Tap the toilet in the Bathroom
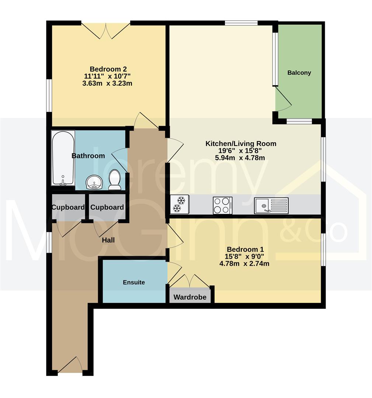click(115, 179)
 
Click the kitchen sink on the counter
click(271, 205)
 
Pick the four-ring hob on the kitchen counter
click(222, 205)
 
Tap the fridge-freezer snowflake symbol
click(180, 205)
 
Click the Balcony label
click(299, 73)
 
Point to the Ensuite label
click(134, 282)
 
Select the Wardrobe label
click(190, 297)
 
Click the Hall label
click(108, 240)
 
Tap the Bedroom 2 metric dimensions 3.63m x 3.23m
click(107, 83)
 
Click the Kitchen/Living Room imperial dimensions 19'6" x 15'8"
click(241, 151)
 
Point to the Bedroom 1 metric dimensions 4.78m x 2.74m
click(244, 263)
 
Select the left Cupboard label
click(68, 207)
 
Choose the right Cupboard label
click(107, 207)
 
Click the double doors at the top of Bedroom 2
click(106, 30)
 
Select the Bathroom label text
click(88, 156)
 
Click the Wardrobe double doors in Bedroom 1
click(190, 281)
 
